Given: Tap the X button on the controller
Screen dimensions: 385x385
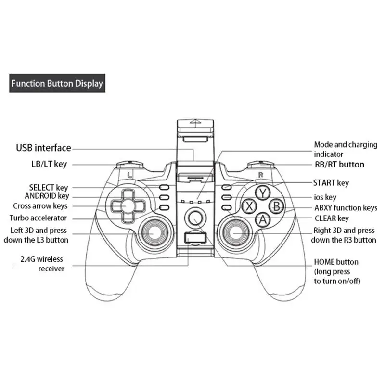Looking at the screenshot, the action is [x=249, y=207].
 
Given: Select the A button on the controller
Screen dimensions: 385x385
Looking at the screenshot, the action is [x=262, y=220].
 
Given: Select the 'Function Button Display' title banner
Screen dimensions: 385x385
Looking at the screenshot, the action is [x=57, y=83].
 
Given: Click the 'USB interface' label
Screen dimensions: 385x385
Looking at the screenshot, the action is [x=43, y=148].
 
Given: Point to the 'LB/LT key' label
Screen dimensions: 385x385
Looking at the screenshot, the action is [x=46, y=164].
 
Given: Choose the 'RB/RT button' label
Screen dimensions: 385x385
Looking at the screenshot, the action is [x=339, y=165].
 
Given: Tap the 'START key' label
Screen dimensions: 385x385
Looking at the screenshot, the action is [x=331, y=183].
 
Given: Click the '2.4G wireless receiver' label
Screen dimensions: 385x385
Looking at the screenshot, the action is [x=43, y=264].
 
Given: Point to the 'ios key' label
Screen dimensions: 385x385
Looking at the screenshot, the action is [x=325, y=197].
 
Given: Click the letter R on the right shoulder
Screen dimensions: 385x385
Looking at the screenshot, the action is [x=260, y=175].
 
